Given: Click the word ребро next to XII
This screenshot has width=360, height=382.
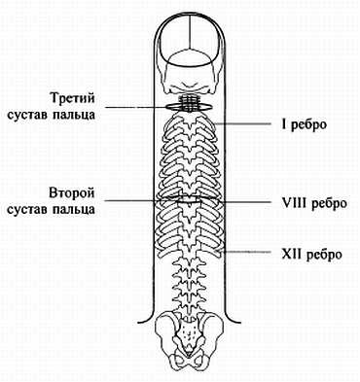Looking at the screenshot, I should point(320,254).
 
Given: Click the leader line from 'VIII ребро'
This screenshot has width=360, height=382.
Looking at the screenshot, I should point(243,201).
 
